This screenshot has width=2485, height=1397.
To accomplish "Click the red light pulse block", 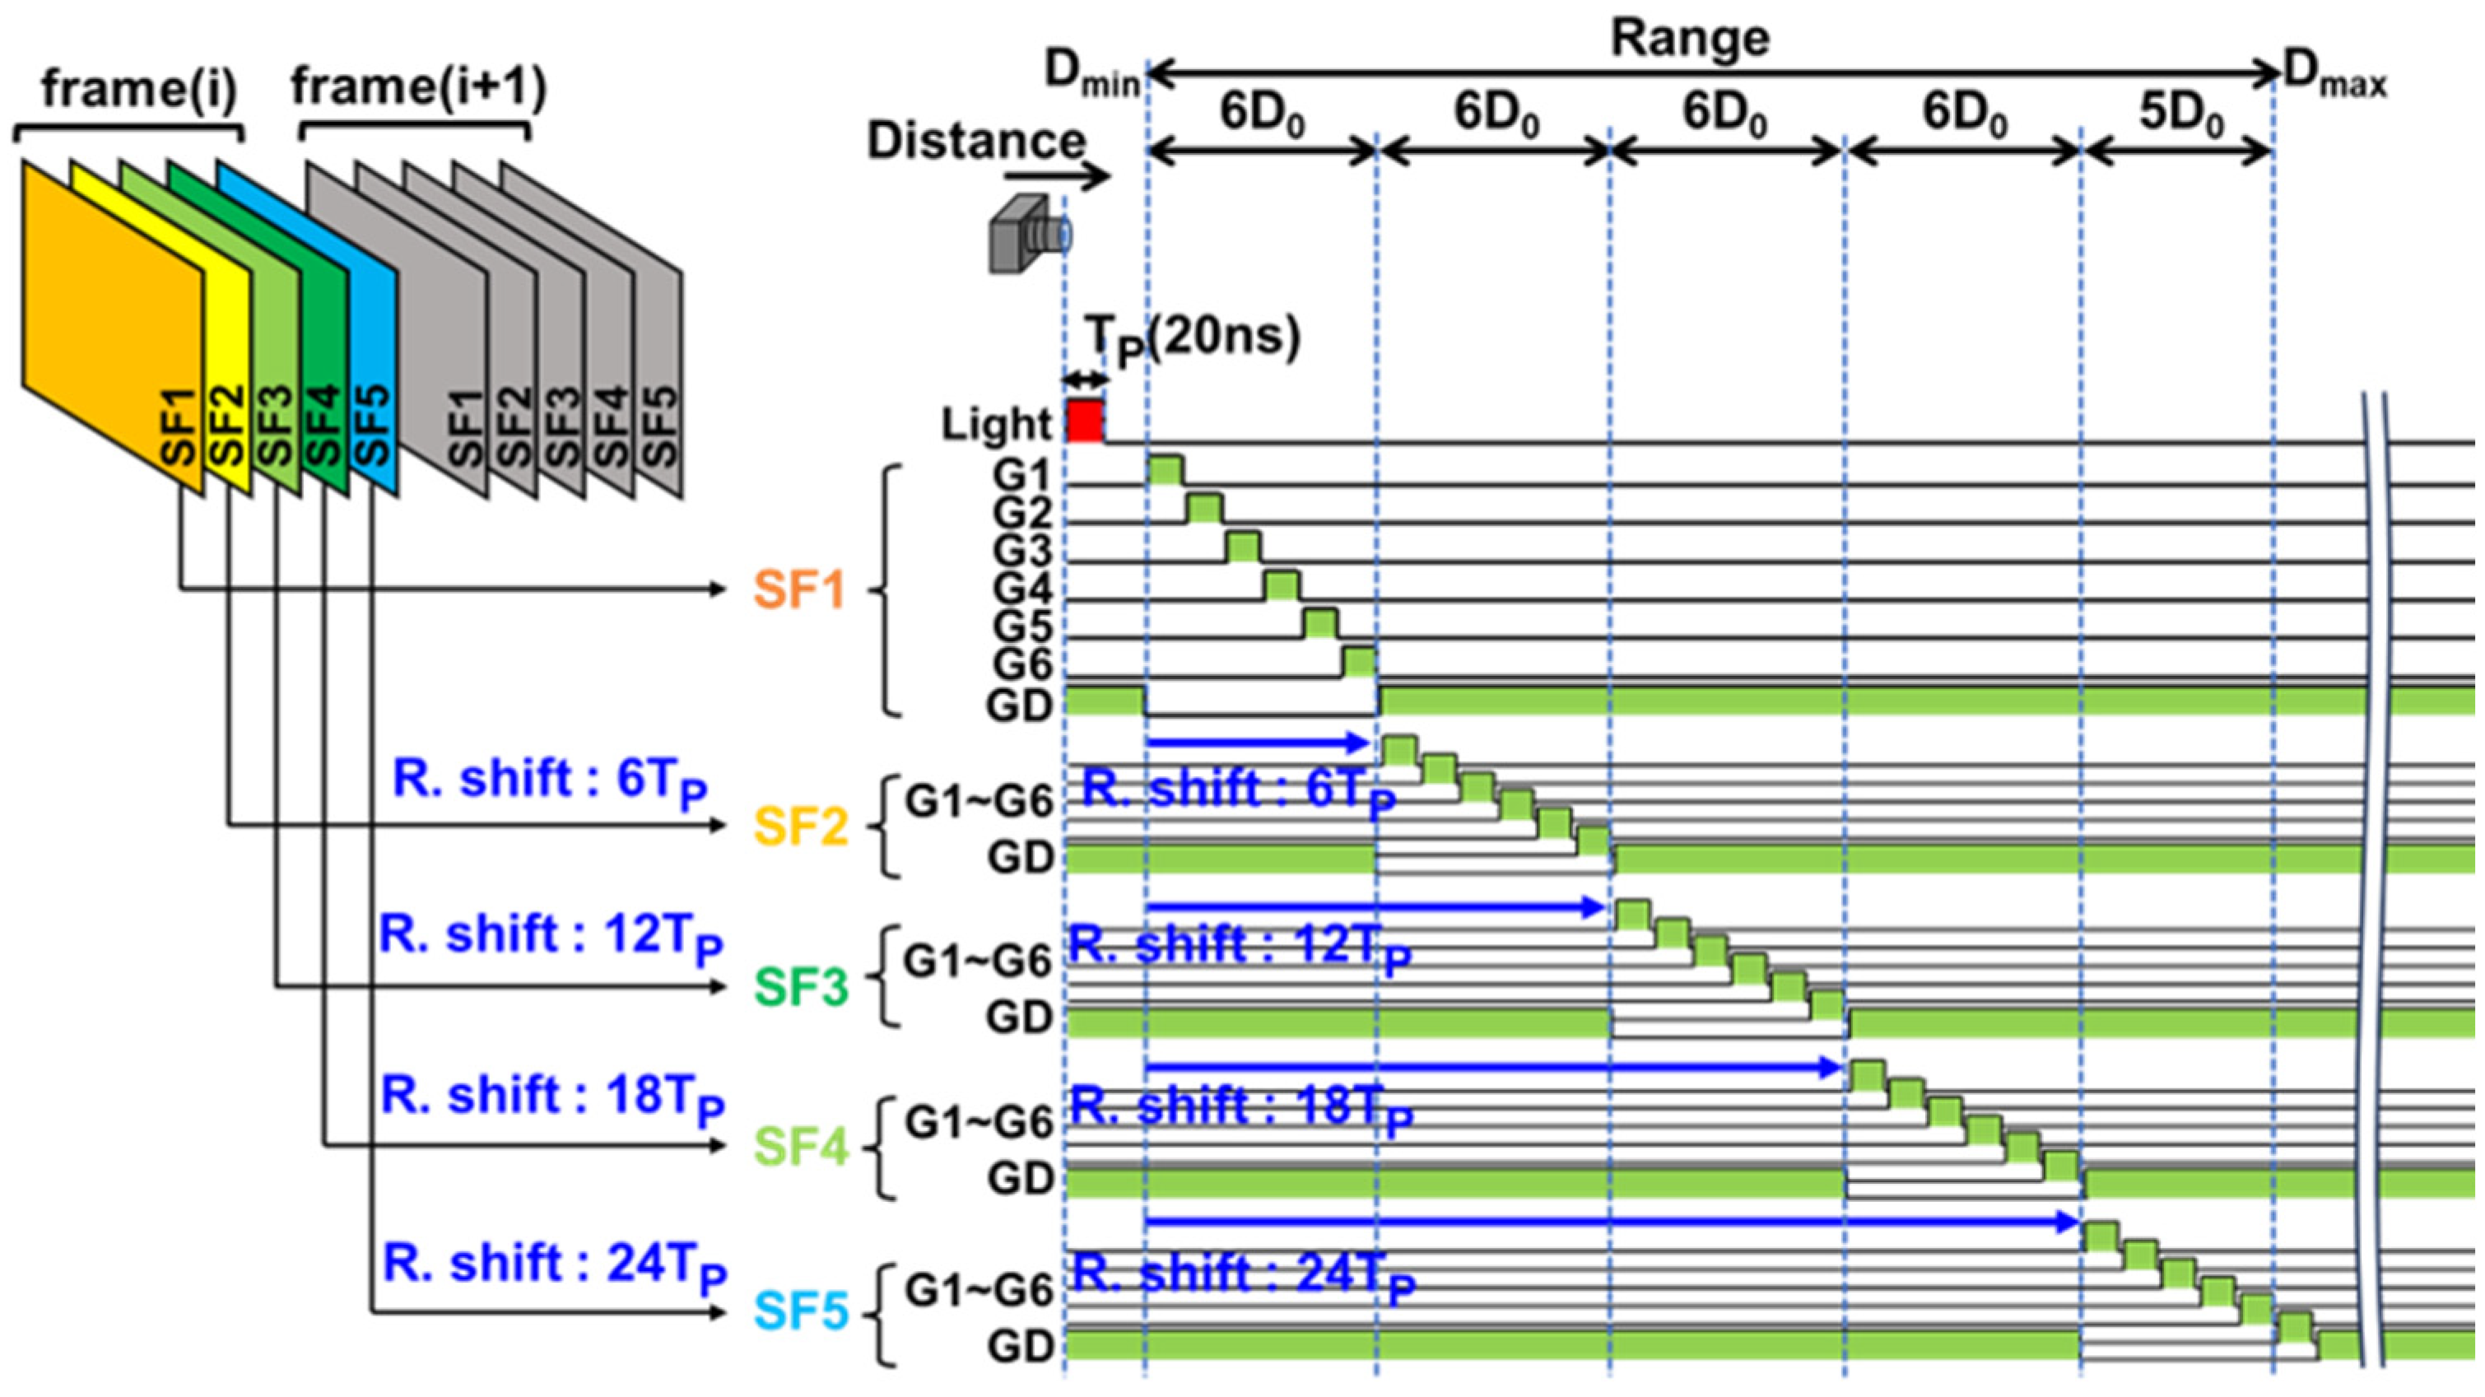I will [1084, 421].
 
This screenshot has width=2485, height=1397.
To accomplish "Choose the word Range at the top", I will [1690, 39].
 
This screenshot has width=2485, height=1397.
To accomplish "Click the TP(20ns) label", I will [1194, 341].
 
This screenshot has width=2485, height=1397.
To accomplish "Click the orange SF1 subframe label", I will [798, 589].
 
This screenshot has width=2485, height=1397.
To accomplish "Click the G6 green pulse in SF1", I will [1358, 663].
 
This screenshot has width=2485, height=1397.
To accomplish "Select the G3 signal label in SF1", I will [1021, 552].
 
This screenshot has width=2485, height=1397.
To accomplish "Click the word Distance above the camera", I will [976, 142].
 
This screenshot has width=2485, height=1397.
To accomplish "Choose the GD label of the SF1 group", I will [1019, 705].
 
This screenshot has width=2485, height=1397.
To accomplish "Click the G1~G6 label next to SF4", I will [977, 1121].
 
